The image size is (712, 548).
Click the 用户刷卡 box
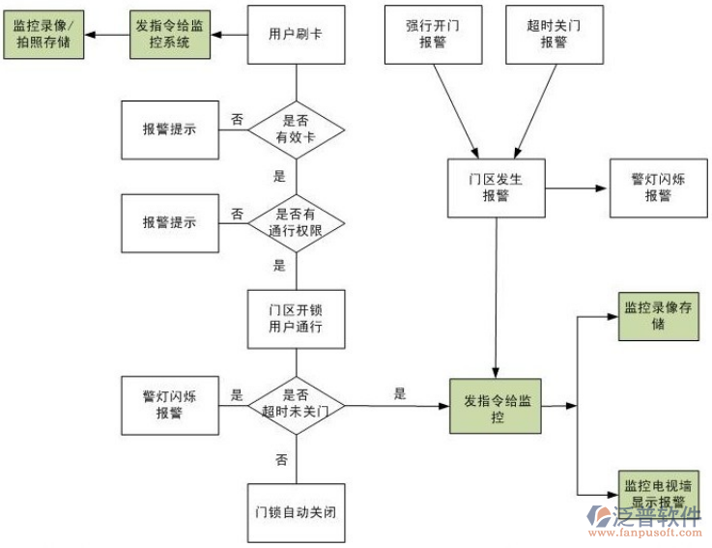point(296,35)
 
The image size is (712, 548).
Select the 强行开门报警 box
point(433,35)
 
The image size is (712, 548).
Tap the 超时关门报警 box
point(554,35)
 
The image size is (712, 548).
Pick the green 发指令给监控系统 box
point(171,36)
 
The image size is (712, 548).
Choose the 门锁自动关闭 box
point(296,511)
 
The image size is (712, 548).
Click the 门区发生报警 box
point(496,187)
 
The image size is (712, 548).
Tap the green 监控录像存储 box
point(658,316)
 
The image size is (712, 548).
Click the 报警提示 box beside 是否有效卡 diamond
point(169,129)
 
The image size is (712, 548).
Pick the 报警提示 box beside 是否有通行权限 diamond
point(169,221)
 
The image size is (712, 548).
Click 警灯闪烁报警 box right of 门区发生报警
point(658,187)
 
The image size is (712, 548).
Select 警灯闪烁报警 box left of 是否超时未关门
point(169,404)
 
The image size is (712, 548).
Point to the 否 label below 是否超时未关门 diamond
point(281,460)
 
